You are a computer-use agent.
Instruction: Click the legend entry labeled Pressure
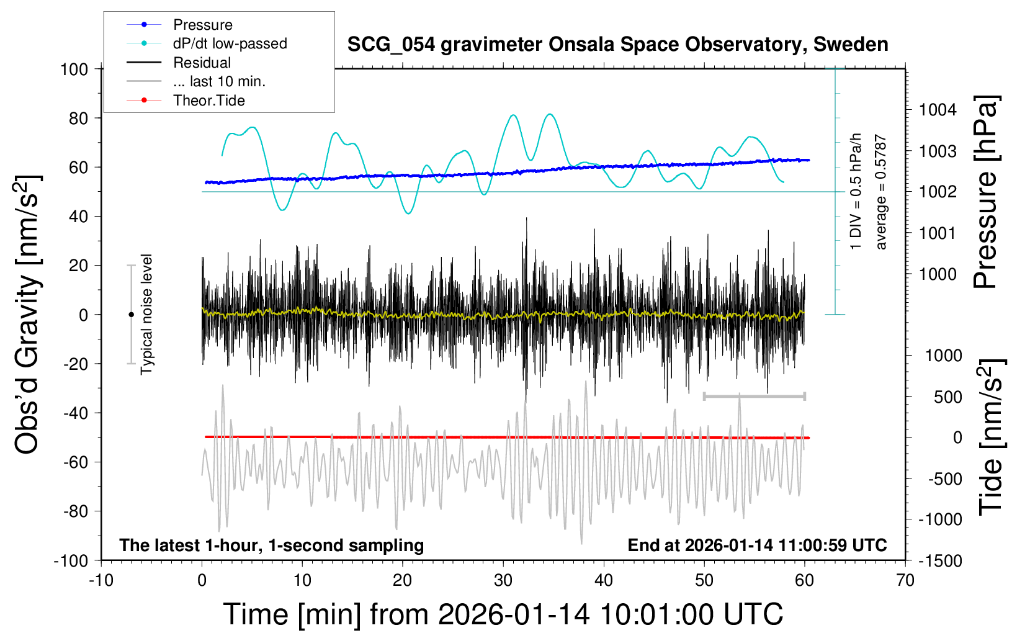[x=202, y=25]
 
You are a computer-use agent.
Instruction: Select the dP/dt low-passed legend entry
[x=230, y=43]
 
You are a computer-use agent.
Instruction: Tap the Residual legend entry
[x=202, y=63]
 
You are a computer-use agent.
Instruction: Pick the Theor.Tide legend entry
[x=208, y=101]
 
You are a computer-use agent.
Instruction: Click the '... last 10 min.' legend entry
[x=219, y=81]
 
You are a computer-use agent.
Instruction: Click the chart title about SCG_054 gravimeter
[x=617, y=45]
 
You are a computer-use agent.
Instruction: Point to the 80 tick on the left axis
[x=78, y=118]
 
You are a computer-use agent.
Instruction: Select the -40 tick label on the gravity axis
[x=76, y=413]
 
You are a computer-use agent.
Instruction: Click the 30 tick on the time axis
[x=503, y=581]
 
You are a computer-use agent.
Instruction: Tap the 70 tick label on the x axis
[x=905, y=581]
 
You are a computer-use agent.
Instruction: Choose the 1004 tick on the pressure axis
[x=938, y=110]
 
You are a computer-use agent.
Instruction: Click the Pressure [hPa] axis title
[x=985, y=192]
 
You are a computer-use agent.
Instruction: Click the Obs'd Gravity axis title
[x=28, y=315]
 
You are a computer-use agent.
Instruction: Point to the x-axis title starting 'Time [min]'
[x=503, y=614]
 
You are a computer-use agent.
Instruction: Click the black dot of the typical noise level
[x=131, y=315]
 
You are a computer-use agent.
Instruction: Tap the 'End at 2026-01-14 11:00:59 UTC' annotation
[x=757, y=545]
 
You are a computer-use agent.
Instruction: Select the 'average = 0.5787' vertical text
[x=881, y=192]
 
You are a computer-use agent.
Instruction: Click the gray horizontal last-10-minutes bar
[x=754, y=396]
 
